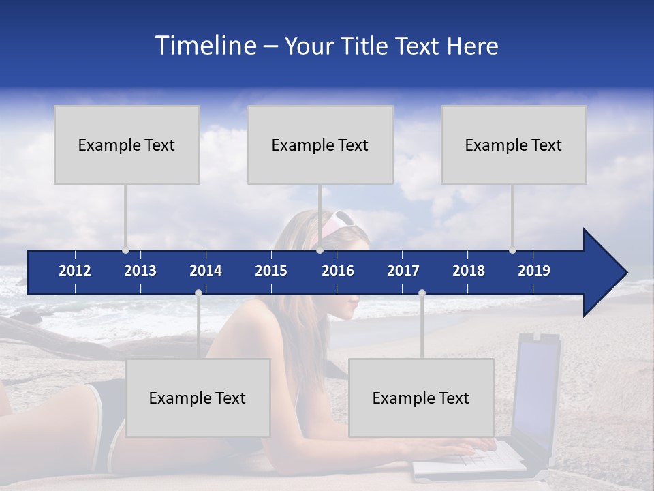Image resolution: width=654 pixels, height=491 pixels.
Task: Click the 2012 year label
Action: tap(75, 271)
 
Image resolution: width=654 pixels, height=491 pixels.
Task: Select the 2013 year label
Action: tap(140, 271)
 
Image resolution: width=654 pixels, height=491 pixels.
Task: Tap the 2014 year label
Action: tap(206, 271)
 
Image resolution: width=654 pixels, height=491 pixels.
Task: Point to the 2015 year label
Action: tap(271, 271)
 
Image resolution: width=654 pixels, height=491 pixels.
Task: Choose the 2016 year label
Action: tap(338, 271)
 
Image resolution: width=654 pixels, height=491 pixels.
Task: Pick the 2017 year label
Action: tap(403, 271)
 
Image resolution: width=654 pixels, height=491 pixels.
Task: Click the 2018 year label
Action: tap(469, 271)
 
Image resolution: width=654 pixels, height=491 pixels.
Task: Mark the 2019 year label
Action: tap(534, 271)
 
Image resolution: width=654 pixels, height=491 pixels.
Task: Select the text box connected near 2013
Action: tap(127, 145)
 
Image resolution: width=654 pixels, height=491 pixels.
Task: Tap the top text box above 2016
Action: tap(320, 145)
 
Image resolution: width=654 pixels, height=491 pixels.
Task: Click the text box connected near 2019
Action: tap(514, 145)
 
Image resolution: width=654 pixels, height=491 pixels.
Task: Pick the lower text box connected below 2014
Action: tap(198, 398)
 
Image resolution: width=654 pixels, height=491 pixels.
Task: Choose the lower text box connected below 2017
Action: tap(421, 398)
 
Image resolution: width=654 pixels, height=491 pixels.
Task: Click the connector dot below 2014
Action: tap(198, 293)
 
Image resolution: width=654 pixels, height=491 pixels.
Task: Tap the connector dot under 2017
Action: tap(422, 293)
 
